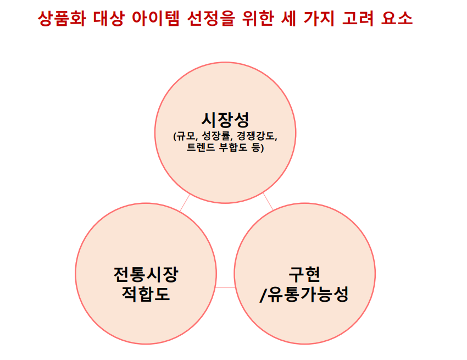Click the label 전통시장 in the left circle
click(146, 273)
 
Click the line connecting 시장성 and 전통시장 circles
click(185, 203)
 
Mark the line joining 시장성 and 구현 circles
click(268, 202)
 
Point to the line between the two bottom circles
click(225, 287)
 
